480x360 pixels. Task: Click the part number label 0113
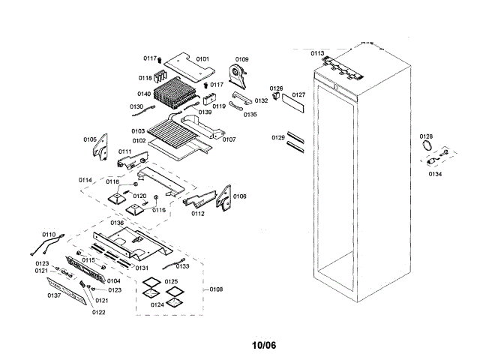click(x=317, y=53)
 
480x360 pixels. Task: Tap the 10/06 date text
click(x=263, y=346)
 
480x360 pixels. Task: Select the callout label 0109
click(x=242, y=58)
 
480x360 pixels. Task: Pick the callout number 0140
click(x=144, y=94)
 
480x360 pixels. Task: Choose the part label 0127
click(x=298, y=94)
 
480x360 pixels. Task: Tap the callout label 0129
click(x=278, y=138)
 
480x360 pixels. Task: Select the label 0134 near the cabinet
click(x=435, y=173)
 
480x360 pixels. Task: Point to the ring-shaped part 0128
click(x=427, y=144)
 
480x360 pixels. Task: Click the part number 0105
click(x=90, y=139)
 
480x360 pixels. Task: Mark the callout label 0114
click(x=85, y=180)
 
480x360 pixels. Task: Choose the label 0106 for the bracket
click(x=239, y=196)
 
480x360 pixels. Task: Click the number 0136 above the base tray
click(x=117, y=223)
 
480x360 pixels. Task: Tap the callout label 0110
click(x=49, y=235)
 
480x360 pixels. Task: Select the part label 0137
click(x=54, y=295)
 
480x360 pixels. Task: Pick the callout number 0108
click(x=216, y=289)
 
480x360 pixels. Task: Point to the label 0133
click(x=182, y=265)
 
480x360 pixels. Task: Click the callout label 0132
click(x=261, y=100)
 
